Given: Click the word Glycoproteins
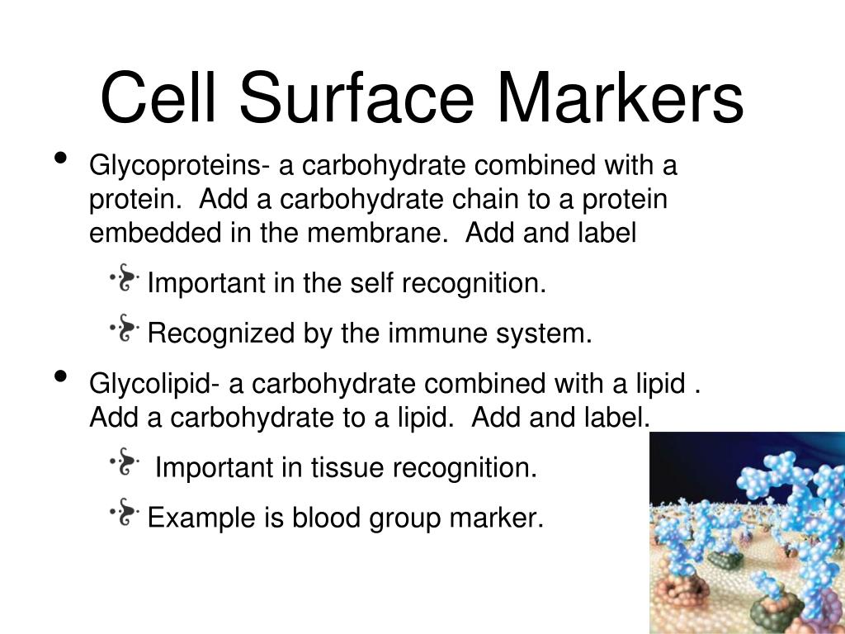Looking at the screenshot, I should tap(176, 166).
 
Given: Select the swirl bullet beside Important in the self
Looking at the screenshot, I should tap(125, 277).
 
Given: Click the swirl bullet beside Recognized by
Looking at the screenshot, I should tap(125, 328).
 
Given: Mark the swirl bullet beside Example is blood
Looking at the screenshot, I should tap(125, 512).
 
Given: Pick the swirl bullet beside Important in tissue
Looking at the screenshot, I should tap(125, 461).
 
